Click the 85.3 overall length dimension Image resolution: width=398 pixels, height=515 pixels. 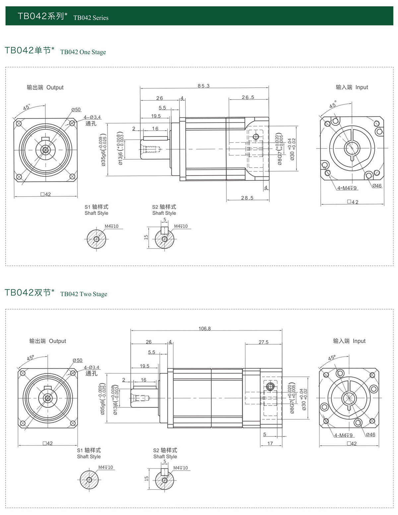[x=204, y=86]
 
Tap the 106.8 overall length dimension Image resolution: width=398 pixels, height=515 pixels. [x=205, y=329]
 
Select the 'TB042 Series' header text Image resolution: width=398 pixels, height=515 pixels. [x=91, y=18]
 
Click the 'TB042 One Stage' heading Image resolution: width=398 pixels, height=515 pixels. [x=83, y=52]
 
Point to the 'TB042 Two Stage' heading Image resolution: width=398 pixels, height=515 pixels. [x=84, y=294]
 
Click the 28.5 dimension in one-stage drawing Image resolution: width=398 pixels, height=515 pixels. [x=247, y=198]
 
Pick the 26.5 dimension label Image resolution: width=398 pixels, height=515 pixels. [x=248, y=97]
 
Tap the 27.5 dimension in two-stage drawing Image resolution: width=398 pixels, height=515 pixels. [x=264, y=342]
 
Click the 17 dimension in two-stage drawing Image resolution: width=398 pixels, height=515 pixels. [x=270, y=443]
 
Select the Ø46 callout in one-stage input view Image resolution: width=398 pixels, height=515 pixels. [x=377, y=186]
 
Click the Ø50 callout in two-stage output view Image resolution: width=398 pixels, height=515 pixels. [x=78, y=360]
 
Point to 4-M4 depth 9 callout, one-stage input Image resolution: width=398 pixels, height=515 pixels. [x=347, y=188]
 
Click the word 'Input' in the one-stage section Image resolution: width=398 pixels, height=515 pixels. [x=362, y=87]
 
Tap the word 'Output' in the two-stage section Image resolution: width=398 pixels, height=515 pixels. [x=57, y=341]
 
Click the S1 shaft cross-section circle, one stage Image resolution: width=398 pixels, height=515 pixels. [x=97, y=239]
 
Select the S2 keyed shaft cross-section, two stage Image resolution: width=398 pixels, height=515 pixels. [x=165, y=480]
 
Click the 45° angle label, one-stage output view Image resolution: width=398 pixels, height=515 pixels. [x=27, y=107]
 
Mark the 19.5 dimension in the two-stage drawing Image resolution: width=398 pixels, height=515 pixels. [x=145, y=366]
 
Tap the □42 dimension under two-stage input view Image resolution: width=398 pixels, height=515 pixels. [x=352, y=444]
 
